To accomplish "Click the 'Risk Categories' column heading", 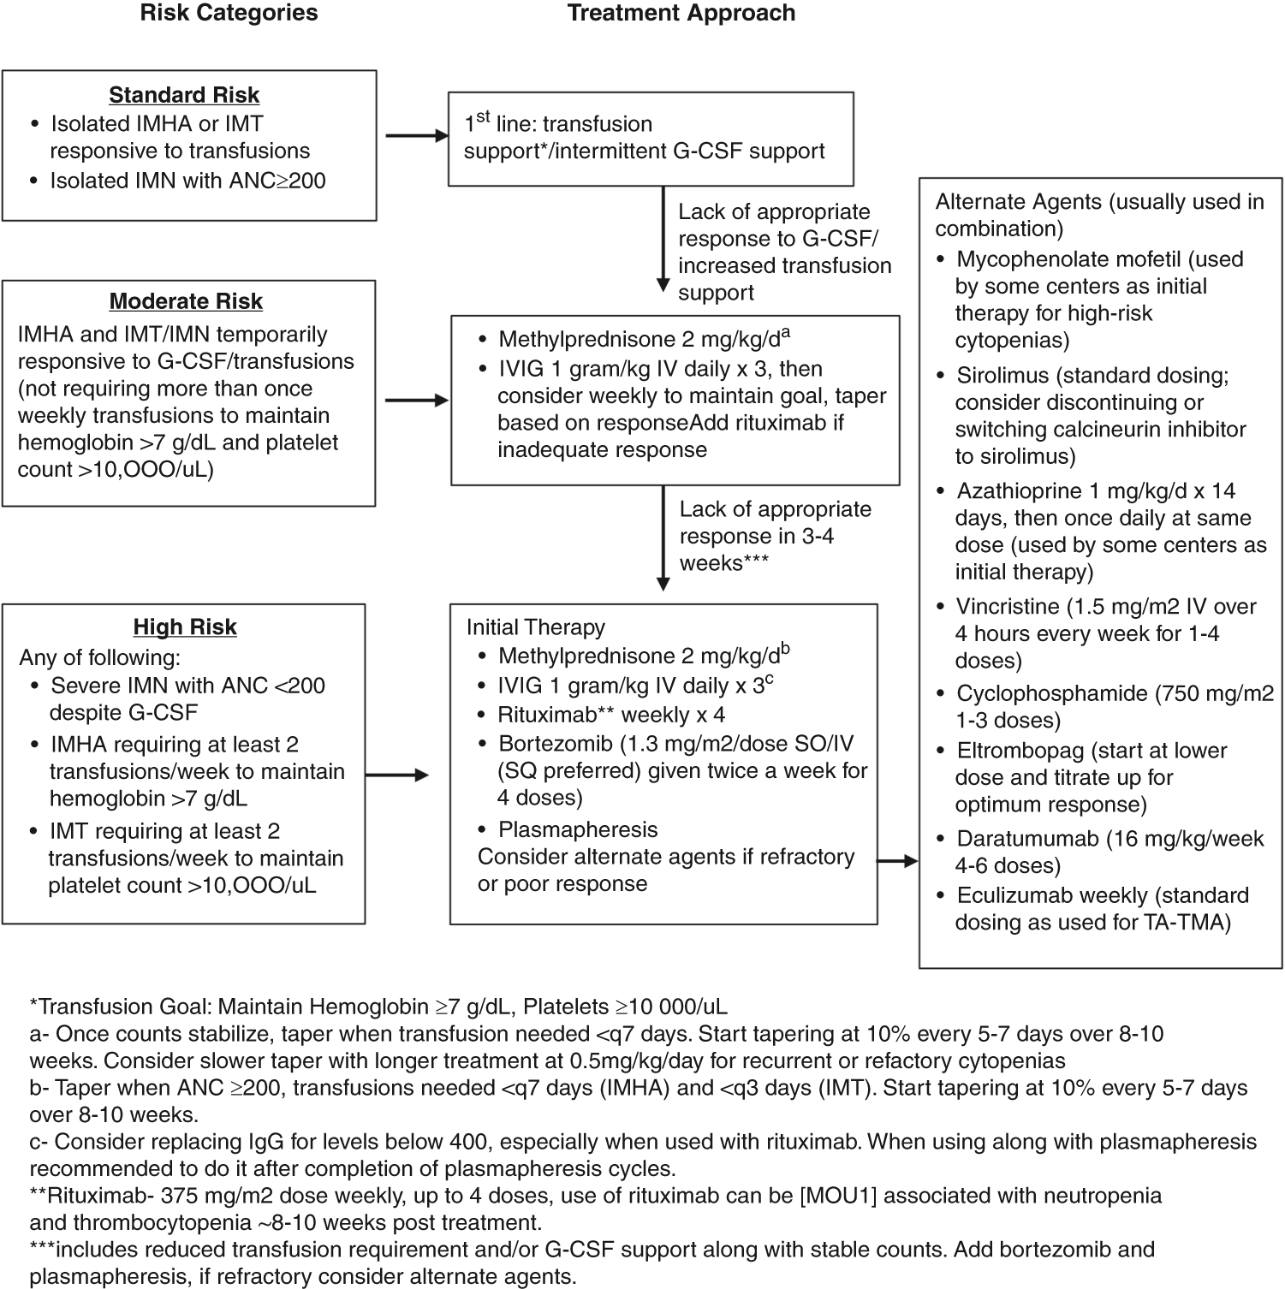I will click(229, 14).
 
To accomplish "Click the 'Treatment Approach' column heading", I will click(681, 14).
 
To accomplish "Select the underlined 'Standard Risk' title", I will click(184, 95).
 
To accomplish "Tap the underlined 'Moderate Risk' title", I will click(186, 302).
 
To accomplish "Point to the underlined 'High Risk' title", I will click(185, 627).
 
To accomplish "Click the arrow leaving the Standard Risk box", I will click(417, 135).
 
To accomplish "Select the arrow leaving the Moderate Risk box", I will click(417, 400).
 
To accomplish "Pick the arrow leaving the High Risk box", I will click(397, 775).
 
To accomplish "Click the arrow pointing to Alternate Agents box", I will click(898, 861).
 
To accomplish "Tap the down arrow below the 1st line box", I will click(663, 241).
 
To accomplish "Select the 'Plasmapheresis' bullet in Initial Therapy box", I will click(578, 830).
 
